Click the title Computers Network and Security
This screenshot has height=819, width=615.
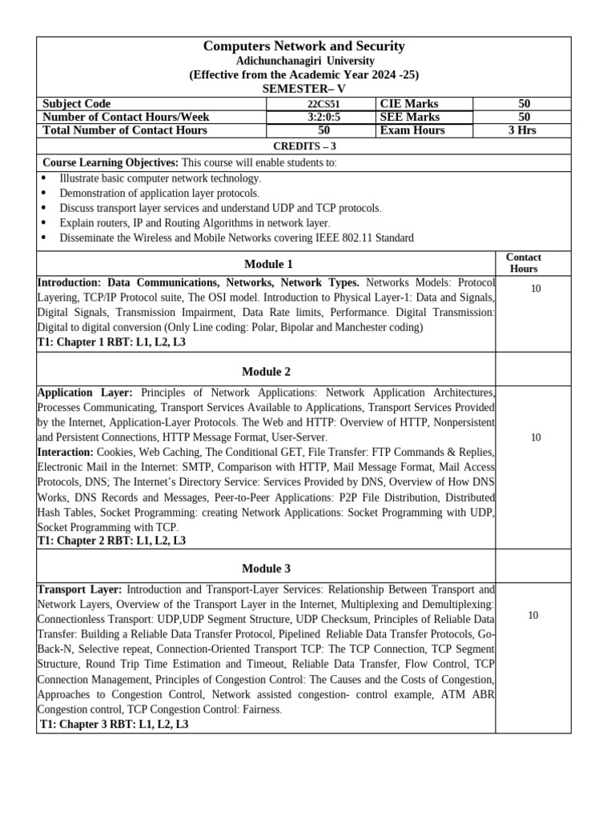pos(303,46)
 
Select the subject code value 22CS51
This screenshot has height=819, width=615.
pos(324,104)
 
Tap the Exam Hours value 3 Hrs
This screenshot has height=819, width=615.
pos(521,130)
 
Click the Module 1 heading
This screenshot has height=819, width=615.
pos(268,264)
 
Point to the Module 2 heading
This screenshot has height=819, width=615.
pos(266,372)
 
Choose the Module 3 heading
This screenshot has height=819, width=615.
pos(266,569)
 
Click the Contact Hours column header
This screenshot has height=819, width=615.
pos(524,263)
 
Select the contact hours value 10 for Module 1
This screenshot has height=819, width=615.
pos(536,289)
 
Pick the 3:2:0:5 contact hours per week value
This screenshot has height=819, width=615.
pos(324,118)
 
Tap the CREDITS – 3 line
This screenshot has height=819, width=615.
pos(303,146)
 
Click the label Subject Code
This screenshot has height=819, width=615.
pos(77,104)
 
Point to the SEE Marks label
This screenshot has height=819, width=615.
pos(410,118)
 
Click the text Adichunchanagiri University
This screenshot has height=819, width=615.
pos(303,61)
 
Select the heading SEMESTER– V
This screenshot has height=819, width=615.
pos(303,89)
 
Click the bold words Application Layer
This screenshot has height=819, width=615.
pos(85,393)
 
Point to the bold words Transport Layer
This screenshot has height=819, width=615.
pos(79,589)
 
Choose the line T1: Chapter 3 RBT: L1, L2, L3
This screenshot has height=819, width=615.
pos(115,725)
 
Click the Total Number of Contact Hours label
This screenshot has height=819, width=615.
pos(125,130)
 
